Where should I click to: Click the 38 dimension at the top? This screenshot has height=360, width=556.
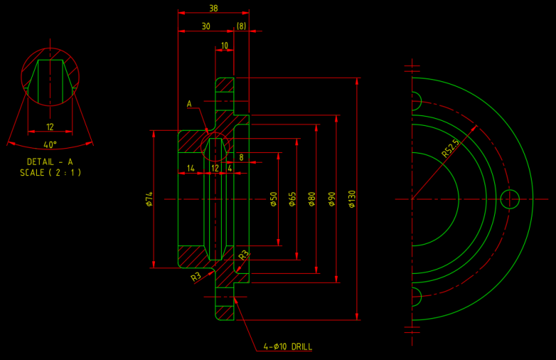point(213,8)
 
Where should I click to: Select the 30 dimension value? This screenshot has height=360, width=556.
point(206,26)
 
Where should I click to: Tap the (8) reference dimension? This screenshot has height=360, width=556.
point(241,26)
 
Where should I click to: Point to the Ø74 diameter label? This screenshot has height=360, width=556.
point(149,199)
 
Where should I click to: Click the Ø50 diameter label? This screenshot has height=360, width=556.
point(273,199)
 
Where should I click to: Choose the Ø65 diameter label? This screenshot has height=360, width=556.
point(293,199)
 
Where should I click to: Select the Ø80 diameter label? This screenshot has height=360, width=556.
point(312,199)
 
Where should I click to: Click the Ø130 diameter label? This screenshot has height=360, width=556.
point(352,199)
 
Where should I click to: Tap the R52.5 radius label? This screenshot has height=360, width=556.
point(450,149)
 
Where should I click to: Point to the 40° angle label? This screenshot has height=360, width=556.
point(50,145)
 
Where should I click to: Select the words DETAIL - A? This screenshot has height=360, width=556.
point(50,162)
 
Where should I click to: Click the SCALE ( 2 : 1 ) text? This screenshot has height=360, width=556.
point(50,172)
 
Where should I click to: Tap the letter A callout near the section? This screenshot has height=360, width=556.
point(188,104)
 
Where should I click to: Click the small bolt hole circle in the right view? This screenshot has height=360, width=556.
point(509,199)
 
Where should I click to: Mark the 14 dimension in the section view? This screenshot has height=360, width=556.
point(190,168)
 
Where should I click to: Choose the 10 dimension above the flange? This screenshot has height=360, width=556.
point(224,46)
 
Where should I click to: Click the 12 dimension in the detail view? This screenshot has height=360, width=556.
point(50,127)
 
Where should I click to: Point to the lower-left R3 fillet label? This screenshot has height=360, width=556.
point(196,277)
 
